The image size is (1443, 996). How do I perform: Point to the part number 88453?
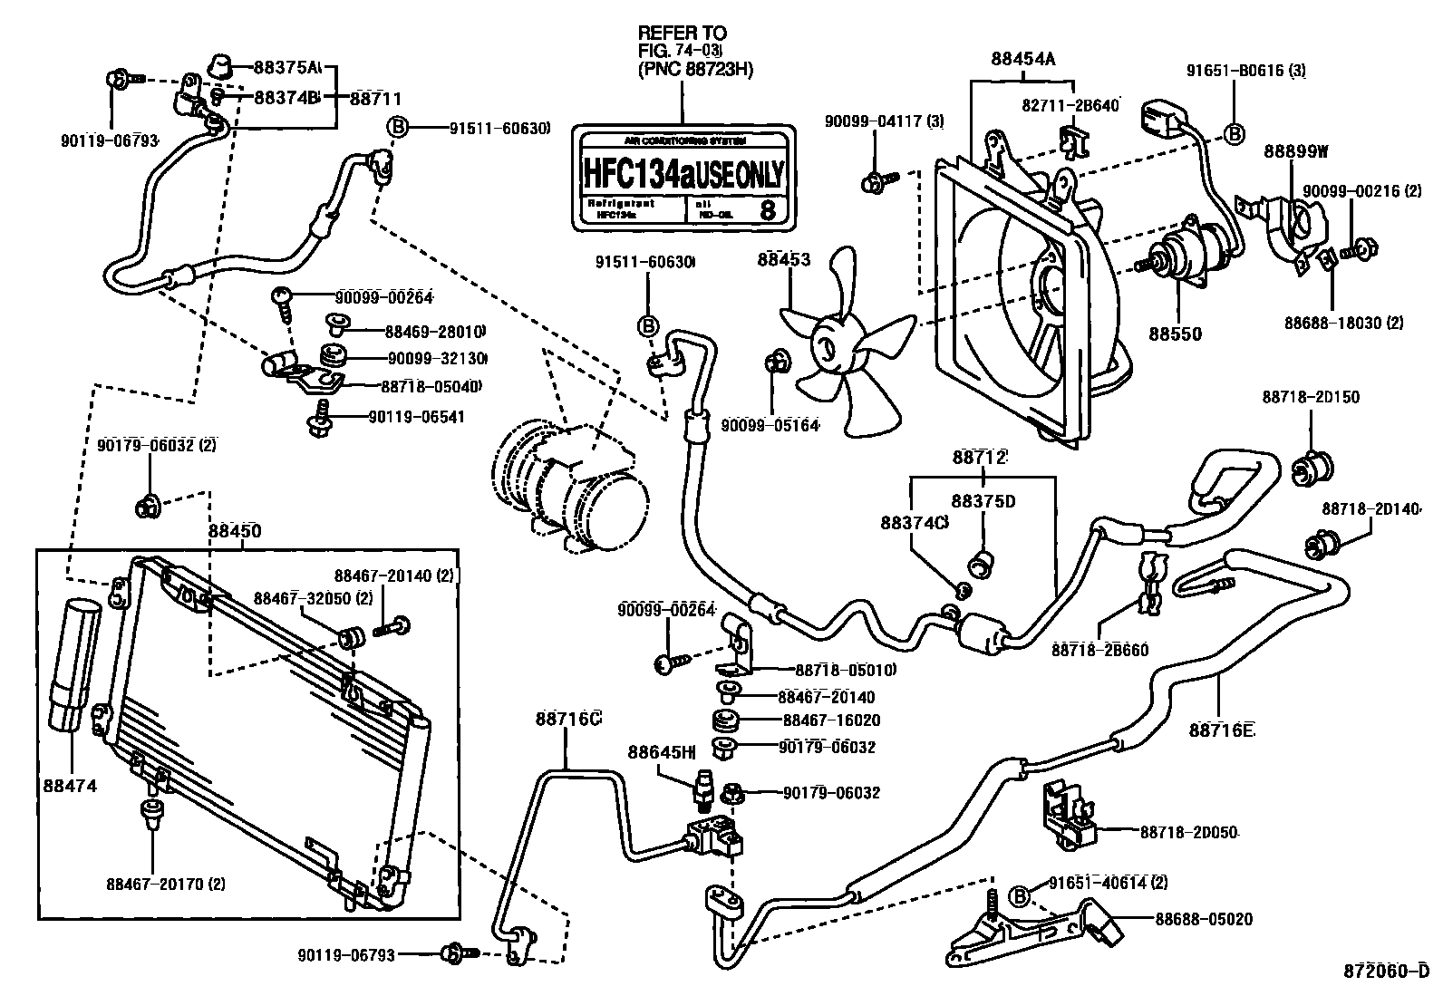[784, 260]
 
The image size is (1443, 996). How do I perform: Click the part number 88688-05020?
[1204, 919]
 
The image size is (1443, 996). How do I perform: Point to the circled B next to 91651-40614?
[1021, 896]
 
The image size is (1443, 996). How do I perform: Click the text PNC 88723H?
[695, 70]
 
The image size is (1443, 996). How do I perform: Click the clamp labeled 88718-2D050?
[1067, 813]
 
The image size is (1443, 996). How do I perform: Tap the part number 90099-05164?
[770, 424]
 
